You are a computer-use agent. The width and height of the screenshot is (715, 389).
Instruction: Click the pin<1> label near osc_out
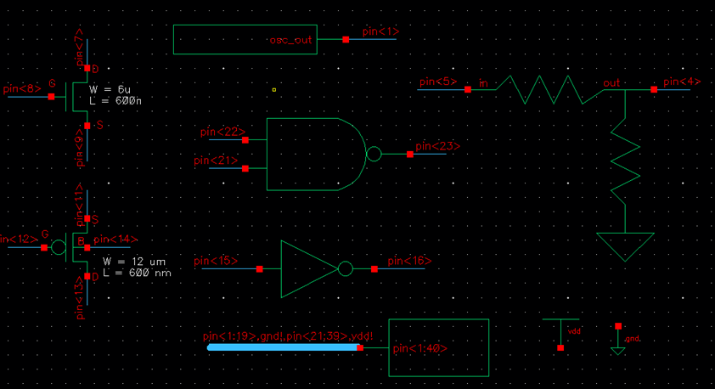coord(380,31)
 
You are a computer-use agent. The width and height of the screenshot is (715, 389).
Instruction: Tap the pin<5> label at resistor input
coord(437,82)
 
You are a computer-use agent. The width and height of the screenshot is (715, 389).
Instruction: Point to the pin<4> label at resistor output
coord(681,82)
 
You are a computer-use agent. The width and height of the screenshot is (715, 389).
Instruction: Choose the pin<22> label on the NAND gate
coord(222,132)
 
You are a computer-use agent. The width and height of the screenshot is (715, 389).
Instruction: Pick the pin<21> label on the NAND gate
coord(216,161)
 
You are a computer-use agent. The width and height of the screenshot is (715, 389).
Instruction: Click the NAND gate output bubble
coord(373,155)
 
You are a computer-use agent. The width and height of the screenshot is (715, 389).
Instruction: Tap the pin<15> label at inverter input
coord(216,261)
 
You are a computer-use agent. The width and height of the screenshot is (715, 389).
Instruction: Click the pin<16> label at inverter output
coord(410,261)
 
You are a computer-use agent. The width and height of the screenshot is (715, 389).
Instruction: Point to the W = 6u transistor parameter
coord(110,88)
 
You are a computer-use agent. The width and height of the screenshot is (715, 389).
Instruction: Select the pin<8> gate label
coord(20,87)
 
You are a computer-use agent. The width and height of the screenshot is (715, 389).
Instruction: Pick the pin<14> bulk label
coord(115,240)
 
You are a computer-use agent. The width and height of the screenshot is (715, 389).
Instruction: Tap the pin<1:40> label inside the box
coord(419,348)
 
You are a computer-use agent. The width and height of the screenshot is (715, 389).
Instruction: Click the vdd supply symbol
coord(560,330)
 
